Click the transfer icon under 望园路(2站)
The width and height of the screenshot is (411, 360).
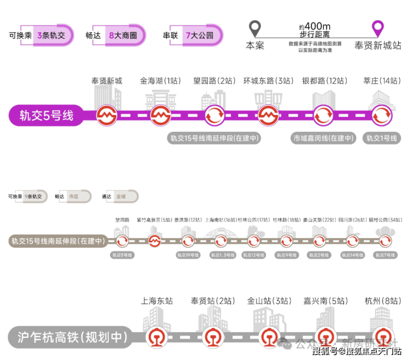(214, 116)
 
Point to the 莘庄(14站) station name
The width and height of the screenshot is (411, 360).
(381, 81)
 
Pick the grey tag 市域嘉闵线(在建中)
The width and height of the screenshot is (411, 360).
(323, 138)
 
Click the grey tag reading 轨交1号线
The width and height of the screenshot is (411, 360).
(381, 138)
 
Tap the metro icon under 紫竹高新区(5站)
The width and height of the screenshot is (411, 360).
(155, 241)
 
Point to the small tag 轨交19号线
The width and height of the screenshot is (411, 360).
(188, 255)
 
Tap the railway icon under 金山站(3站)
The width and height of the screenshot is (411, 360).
(269, 337)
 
